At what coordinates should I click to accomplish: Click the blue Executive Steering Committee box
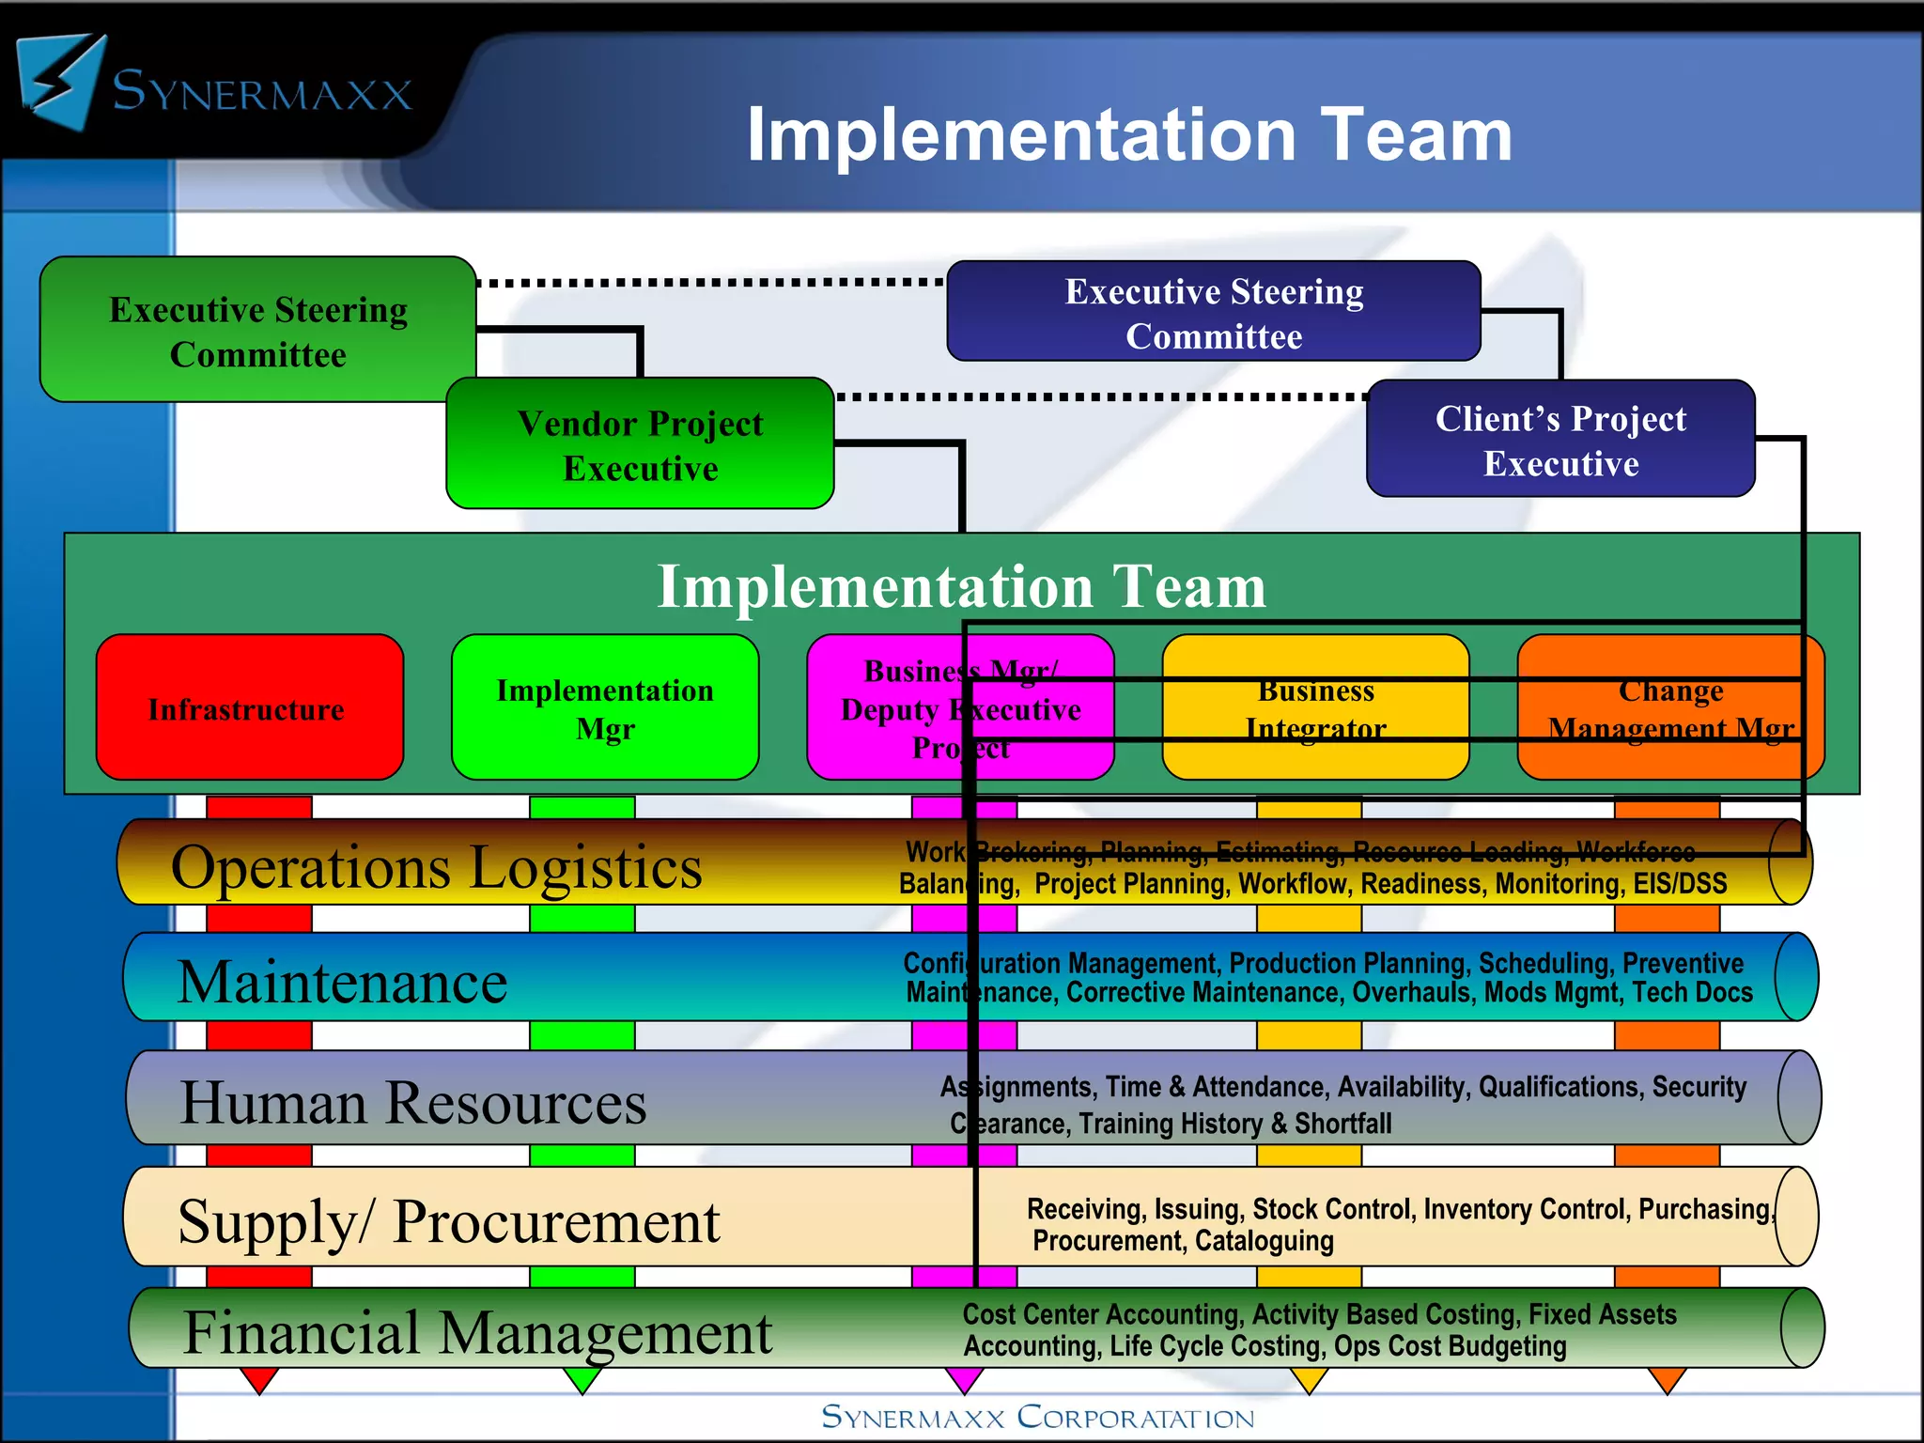(1214, 313)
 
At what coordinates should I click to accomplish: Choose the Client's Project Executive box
(1560, 441)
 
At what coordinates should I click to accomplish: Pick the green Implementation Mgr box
(605, 708)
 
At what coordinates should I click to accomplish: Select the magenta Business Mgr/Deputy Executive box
(960, 708)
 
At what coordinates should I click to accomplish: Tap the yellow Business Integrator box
(1315, 708)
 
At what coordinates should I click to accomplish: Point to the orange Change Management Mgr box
(1670, 708)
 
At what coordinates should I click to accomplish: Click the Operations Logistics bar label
(436, 866)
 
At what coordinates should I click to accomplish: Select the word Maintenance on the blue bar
(342, 983)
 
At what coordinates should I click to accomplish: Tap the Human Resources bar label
(413, 1102)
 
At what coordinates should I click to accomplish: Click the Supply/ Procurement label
(449, 1221)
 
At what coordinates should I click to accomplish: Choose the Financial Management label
(477, 1332)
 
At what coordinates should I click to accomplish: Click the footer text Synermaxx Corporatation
(1037, 1418)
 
